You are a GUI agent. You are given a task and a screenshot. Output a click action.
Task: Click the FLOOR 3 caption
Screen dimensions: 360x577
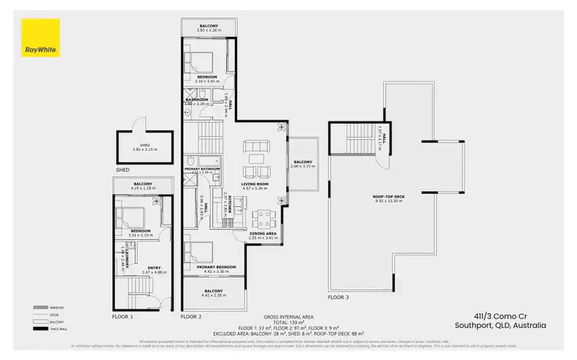[x=338, y=296]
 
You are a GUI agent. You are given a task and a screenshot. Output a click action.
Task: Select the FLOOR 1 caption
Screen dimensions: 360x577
[x=122, y=316]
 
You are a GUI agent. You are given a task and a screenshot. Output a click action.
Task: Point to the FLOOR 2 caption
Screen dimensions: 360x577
[x=190, y=316]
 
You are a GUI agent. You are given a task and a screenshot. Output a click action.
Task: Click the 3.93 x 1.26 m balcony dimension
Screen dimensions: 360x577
[x=208, y=31]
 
